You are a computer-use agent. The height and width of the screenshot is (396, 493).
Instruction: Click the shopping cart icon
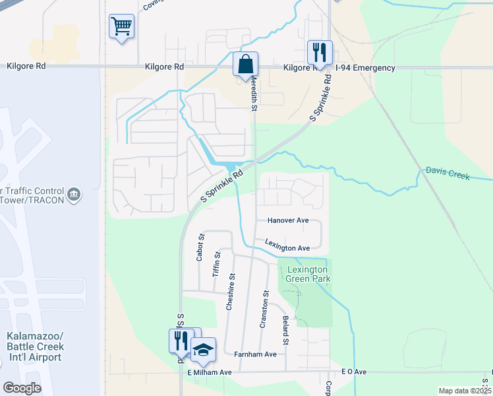(121, 27)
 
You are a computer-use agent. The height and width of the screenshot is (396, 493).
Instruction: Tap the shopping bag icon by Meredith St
(245, 65)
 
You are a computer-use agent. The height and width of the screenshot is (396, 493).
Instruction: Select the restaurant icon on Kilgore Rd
(320, 52)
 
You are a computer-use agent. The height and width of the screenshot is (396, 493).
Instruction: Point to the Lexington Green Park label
(306, 275)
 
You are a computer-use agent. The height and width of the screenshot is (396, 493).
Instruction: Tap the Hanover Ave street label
(288, 220)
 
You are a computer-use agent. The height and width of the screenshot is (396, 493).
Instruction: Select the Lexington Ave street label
(287, 246)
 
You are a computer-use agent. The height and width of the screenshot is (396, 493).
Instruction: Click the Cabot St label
(201, 247)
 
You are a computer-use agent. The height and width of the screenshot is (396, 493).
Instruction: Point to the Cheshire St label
(230, 292)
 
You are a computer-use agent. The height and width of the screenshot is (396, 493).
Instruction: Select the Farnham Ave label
(255, 354)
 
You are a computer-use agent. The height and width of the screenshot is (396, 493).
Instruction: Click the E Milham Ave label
(210, 372)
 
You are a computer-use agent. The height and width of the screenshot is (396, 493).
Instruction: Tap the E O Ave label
(353, 372)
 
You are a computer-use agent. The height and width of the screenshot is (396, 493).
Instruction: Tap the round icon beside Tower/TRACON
(74, 194)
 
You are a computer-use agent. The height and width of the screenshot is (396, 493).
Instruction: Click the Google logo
(22, 388)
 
